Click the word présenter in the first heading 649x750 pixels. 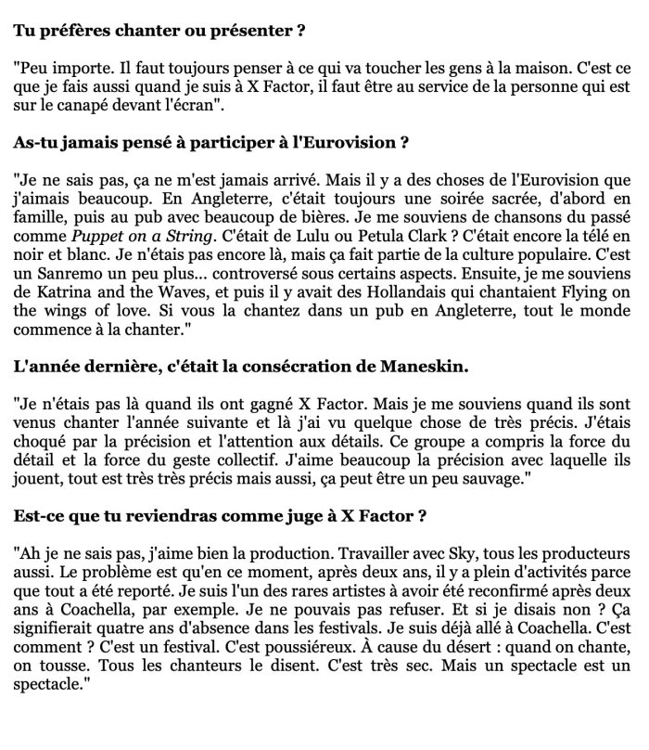255,29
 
